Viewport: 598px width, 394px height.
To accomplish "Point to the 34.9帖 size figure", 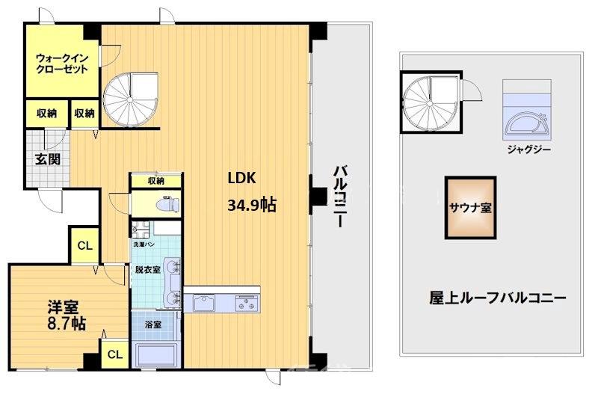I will (251, 204).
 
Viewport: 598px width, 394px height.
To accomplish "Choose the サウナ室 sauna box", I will (470, 207).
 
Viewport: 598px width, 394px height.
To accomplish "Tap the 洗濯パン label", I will (144, 244).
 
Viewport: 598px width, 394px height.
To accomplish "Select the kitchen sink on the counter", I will (204, 303).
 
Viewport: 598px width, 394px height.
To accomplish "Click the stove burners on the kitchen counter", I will (246, 303).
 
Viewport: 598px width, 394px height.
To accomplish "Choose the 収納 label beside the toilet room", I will (155, 181).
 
